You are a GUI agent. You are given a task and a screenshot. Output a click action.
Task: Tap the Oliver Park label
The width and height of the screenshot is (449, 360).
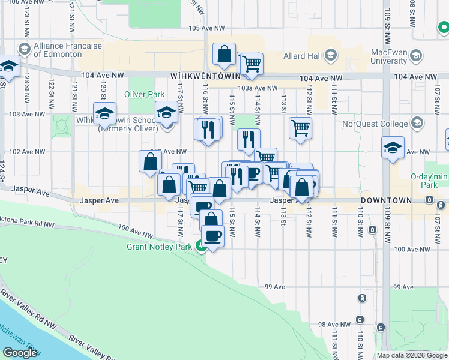(x=144, y=94)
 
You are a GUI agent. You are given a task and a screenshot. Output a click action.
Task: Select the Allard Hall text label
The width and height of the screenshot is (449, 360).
(x=303, y=55)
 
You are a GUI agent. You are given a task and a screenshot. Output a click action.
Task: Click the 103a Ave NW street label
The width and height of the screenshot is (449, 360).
(x=258, y=88)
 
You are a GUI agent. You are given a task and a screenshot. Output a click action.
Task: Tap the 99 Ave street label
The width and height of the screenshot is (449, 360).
(x=274, y=287)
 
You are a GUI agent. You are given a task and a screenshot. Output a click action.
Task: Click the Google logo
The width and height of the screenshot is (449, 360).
(x=20, y=353)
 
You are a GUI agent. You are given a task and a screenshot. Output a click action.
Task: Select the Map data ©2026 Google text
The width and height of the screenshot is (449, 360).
(x=411, y=355)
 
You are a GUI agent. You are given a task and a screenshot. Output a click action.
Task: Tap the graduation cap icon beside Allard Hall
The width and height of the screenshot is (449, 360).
(x=330, y=56)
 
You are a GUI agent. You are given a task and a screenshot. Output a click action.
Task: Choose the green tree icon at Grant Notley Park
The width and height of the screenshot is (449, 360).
(x=201, y=245)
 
